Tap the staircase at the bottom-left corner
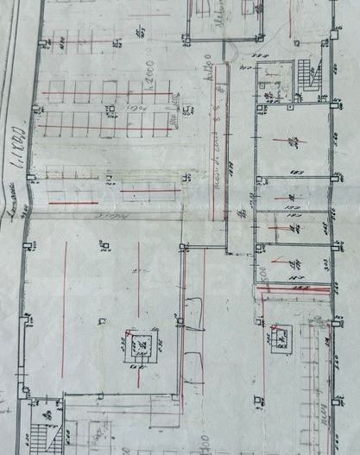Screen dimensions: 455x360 [x=42, y=428]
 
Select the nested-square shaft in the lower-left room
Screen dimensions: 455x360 [x=136, y=344]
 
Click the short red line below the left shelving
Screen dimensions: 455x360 [x=73, y=204]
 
